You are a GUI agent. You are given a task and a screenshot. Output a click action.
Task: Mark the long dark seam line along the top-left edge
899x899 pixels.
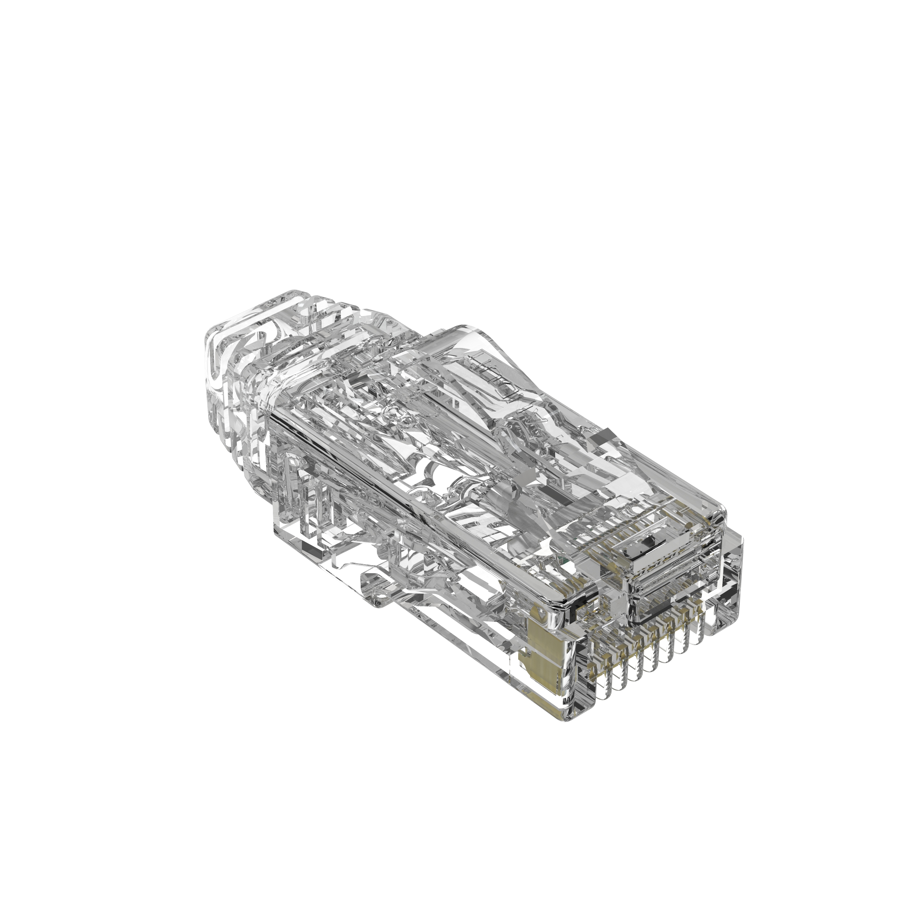353,449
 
